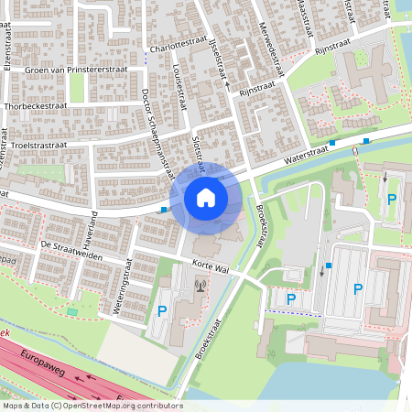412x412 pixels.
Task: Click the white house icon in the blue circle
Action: coord(206,197)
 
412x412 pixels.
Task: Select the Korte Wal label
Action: coord(210,265)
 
